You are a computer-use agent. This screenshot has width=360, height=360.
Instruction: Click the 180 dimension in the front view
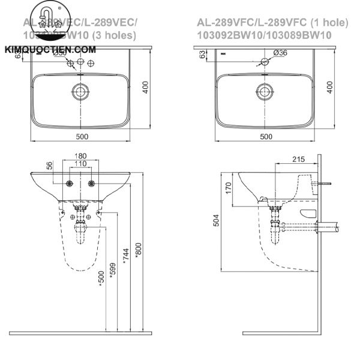point(80,156)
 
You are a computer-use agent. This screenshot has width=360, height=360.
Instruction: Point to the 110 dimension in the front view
point(80,164)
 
